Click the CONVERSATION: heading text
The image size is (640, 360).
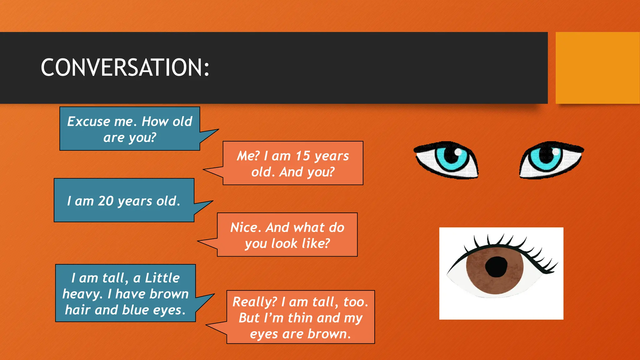(x=125, y=67)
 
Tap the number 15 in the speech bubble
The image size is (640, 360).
(x=303, y=156)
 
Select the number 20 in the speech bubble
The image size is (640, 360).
(x=106, y=201)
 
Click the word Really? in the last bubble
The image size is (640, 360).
(x=255, y=302)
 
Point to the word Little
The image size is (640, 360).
(x=162, y=278)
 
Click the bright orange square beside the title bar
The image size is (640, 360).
(x=597, y=67)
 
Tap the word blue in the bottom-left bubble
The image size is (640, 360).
(x=135, y=310)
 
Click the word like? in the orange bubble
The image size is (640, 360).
(x=316, y=243)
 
